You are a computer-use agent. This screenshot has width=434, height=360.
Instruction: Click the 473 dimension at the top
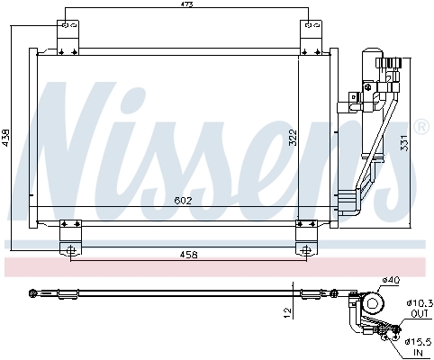pos(186,4)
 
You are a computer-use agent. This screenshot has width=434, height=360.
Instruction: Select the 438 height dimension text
pos(6,138)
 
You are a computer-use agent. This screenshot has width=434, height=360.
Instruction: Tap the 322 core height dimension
pos(293,138)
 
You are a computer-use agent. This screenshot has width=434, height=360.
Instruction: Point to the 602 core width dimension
pos(183,201)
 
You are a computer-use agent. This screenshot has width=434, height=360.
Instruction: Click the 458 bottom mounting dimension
pos(189,255)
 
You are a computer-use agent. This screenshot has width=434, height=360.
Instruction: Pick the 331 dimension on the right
pos(404,142)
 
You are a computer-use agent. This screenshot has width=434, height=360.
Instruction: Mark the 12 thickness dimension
pos(287,313)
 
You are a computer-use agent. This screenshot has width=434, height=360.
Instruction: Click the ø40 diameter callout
pos(391,281)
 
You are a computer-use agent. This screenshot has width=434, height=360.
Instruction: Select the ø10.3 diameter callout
pos(420,303)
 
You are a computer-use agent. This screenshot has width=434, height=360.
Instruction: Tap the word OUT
pos(420,314)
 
